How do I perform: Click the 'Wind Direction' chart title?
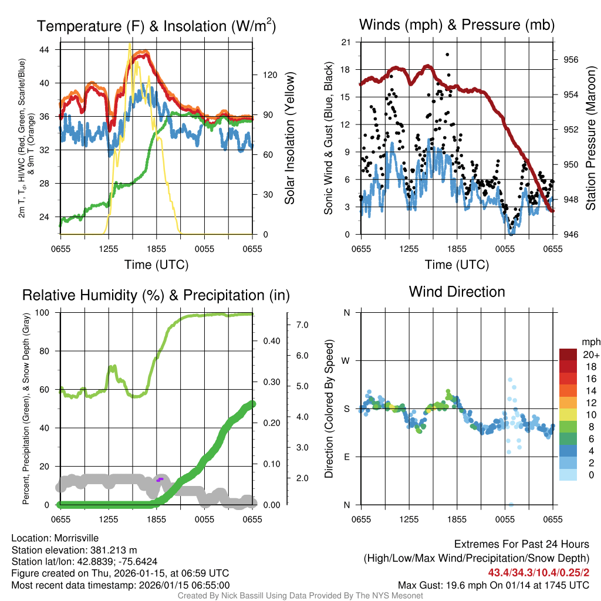[457, 292]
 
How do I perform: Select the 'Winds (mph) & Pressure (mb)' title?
[457, 25]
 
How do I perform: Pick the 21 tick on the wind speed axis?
[346, 42]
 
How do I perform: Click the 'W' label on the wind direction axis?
[346, 360]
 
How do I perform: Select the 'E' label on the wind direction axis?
[346, 457]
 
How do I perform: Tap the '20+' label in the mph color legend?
[590, 354]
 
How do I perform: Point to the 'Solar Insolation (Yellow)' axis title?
[289, 138]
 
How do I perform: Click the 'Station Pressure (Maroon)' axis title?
[591, 138]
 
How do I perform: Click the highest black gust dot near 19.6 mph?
[447, 55]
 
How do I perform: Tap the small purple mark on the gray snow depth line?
[159, 480]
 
